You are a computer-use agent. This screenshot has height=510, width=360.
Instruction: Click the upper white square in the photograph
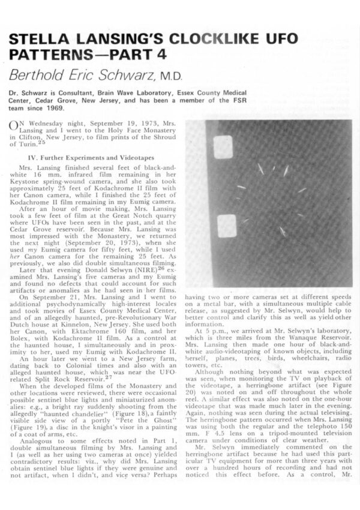point(223,146)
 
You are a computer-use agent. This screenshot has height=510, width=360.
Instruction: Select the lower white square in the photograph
point(227,226)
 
